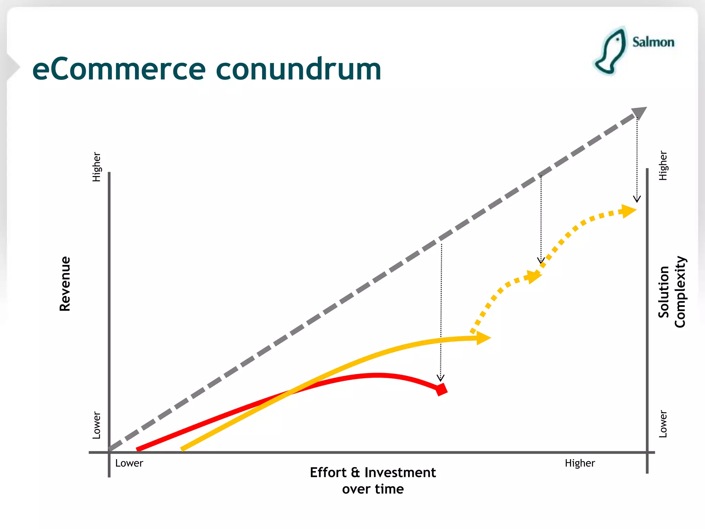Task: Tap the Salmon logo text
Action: coord(653,42)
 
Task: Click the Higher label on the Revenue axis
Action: coord(96,167)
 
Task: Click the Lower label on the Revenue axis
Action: coord(96,425)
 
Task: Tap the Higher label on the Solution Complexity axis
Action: coord(663,166)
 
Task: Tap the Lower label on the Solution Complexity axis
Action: coord(663,424)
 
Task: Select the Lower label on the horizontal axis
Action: coord(129,463)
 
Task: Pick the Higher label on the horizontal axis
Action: coord(580,463)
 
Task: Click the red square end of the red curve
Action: coord(441,390)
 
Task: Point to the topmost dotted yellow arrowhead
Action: coord(628,211)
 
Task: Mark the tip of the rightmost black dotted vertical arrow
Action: coord(637,201)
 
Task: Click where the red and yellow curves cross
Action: coord(290,392)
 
